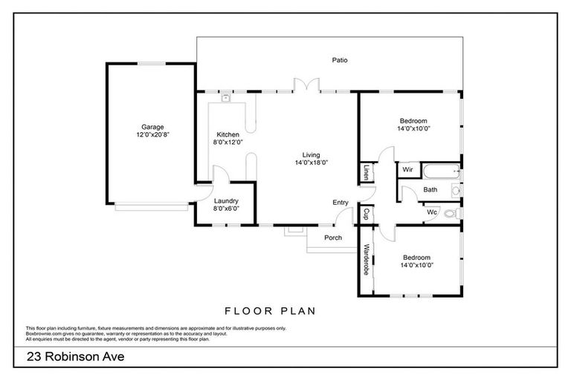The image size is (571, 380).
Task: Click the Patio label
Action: [x=340, y=60]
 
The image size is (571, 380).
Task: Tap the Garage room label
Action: [x=153, y=127]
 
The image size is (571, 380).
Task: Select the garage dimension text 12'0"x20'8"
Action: [x=153, y=136]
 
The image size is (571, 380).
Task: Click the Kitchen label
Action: [x=228, y=134]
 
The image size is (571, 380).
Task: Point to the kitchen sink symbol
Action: [x=225, y=96]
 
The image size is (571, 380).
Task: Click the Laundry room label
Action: [x=225, y=201]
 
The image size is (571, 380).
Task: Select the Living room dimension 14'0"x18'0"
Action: [x=311, y=162]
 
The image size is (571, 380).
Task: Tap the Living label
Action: [x=311, y=154]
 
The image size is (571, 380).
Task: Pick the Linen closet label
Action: [x=366, y=172]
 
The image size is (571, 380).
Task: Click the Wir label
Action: [x=407, y=170]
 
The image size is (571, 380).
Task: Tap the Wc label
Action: [x=431, y=212]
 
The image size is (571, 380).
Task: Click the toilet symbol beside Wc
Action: [x=452, y=214]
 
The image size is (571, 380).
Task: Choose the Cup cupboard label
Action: [x=366, y=214]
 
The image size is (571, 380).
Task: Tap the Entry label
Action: [x=341, y=202]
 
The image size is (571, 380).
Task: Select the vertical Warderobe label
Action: [x=366, y=261]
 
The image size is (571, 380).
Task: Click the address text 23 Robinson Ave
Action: [x=75, y=357]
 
